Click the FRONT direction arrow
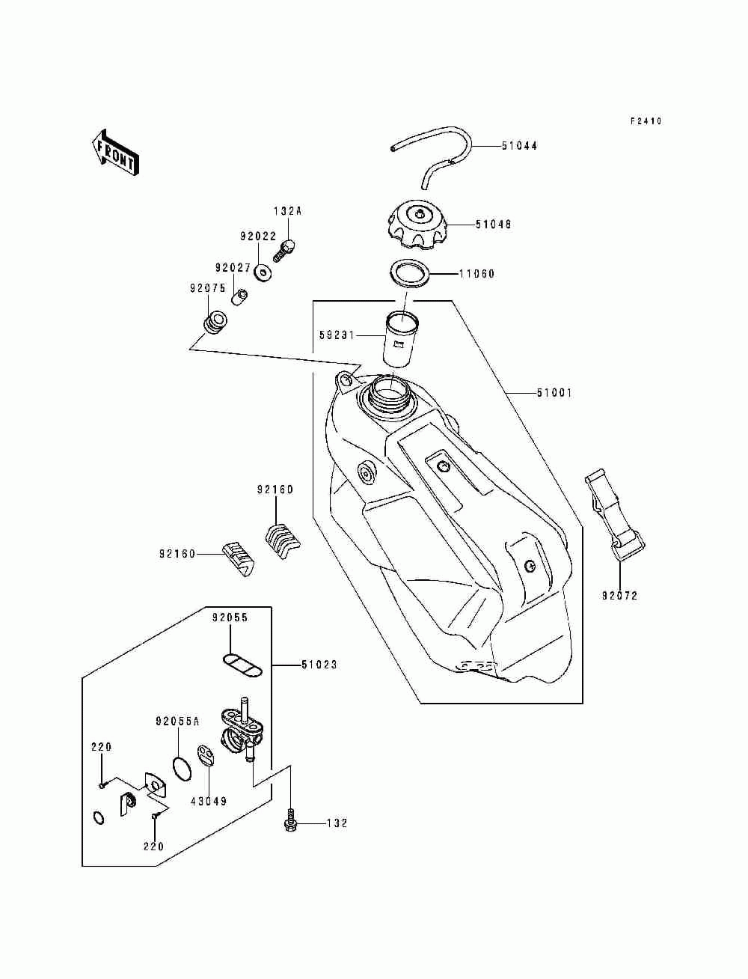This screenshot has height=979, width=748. click(114, 153)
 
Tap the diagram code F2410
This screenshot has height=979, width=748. click(646, 121)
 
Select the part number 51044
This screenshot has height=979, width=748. click(519, 146)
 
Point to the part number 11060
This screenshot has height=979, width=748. click(477, 273)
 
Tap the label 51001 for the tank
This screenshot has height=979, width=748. click(554, 393)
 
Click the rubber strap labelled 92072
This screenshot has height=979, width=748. click(615, 514)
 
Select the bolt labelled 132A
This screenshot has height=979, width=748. click(284, 250)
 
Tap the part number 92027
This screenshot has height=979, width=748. click(233, 268)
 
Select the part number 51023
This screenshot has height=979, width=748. click(319, 665)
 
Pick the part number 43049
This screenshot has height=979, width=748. click(209, 802)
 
